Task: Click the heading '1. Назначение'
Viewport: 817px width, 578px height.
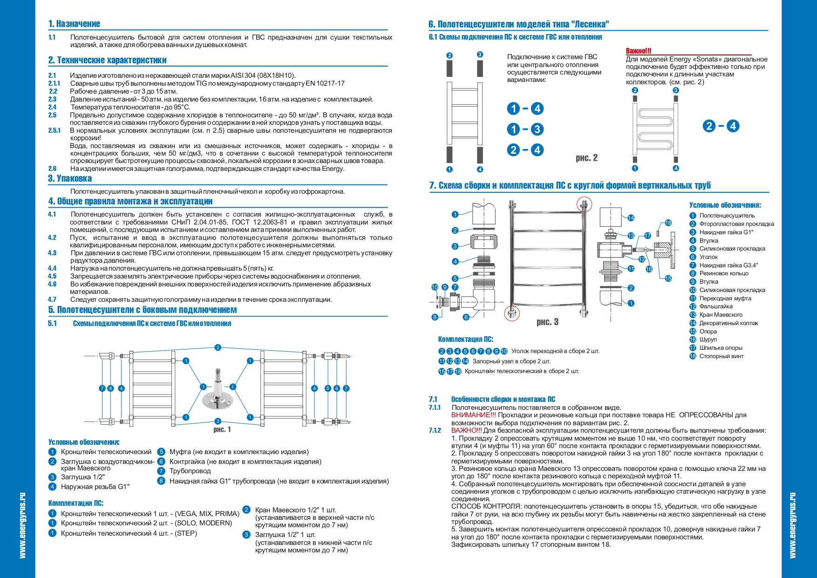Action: coord(74,24)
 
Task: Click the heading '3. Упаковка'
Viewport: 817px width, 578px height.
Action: coord(70,178)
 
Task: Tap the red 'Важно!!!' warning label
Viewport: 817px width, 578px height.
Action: coord(639,51)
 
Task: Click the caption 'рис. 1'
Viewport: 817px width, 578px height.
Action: coord(222,429)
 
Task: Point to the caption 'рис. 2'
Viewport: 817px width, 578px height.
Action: coord(586,158)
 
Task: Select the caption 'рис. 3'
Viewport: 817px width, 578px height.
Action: coord(547,322)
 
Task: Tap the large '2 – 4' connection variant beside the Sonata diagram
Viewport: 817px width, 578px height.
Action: coord(721,126)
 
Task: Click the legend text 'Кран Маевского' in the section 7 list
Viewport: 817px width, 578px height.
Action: coord(721,315)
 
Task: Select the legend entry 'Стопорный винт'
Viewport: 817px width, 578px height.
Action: coord(721,356)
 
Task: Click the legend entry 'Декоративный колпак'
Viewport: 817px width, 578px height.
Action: coord(728,323)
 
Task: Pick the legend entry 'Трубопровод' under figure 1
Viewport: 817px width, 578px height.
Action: coord(190,471)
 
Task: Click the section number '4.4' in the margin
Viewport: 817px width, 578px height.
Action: coord(52,268)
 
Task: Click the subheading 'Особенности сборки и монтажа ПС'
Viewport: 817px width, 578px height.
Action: coord(503,399)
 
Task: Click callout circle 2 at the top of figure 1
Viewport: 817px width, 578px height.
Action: coord(218,347)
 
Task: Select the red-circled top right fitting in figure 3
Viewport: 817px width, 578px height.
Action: coord(584,204)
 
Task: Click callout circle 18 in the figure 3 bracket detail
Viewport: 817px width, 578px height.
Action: coord(668,223)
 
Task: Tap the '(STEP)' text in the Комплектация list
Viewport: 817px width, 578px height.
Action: coord(186,533)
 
